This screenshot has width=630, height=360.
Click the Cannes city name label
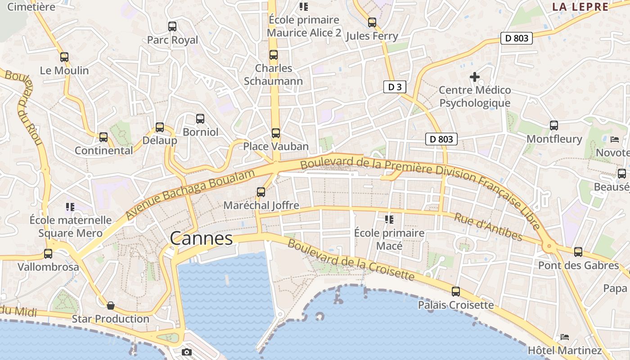[x=202, y=238]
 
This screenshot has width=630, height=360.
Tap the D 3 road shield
[x=395, y=87]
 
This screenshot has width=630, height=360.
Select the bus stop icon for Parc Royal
[x=172, y=26]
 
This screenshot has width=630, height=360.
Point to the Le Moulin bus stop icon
[x=64, y=57]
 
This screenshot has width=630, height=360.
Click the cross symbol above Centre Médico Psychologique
[x=474, y=77]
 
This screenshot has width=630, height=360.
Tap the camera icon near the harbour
[x=187, y=352]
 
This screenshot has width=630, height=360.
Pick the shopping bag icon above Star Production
[x=111, y=306]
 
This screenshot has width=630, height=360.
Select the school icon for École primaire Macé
[x=389, y=220]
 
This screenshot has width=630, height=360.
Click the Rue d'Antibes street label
[x=488, y=227]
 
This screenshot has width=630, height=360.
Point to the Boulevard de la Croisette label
[x=351, y=259]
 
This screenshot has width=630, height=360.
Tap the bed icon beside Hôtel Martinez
[x=565, y=337]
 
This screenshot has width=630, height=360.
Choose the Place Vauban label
[x=276, y=146]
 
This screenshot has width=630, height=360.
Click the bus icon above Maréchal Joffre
[x=261, y=192]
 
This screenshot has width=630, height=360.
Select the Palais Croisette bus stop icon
[x=456, y=292]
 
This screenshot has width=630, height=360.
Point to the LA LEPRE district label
[x=580, y=7]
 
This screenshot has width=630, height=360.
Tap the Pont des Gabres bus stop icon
[x=578, y=252]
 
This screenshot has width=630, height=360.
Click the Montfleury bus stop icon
[x=554, y=126]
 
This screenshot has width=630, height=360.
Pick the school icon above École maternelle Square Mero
[x=70, y=207]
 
